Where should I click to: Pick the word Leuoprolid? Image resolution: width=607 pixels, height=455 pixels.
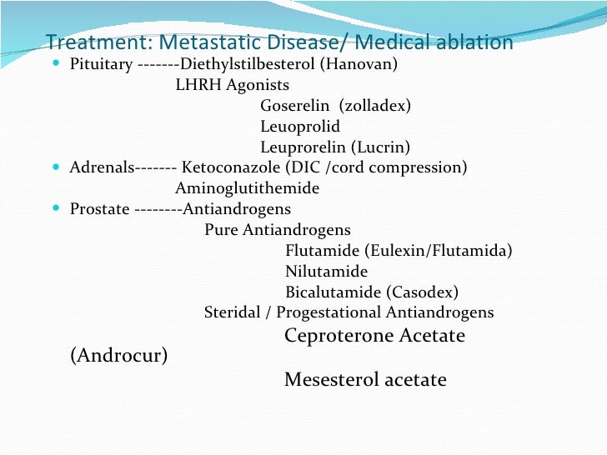pos(300,127)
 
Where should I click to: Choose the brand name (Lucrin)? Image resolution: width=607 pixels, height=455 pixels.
pos(380,147)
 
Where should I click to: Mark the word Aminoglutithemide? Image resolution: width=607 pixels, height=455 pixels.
pos(247,188)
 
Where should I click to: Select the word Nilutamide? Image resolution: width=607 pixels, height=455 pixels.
pos(326,272)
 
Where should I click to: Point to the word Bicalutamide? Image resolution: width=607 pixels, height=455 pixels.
pos(333,292)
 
